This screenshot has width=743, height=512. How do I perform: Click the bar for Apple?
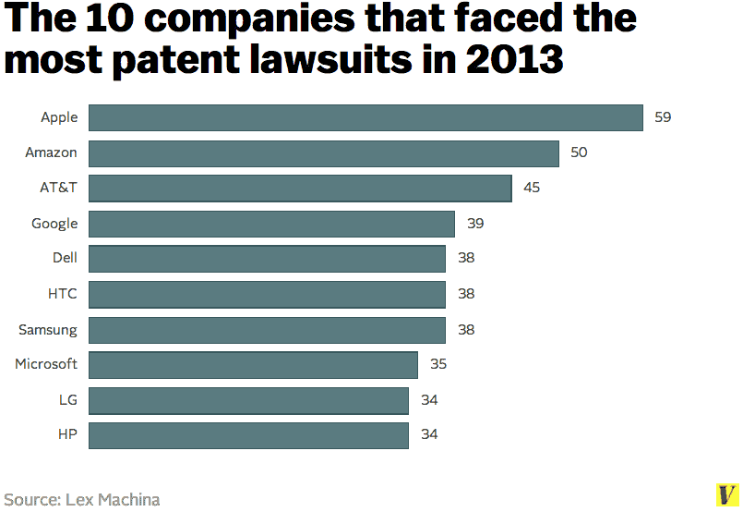click(x=366, y=117)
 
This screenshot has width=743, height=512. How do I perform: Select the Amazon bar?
click(x=323, y=152)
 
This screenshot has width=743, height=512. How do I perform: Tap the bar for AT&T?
click(x=300, y=188)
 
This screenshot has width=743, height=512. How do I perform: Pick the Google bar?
click(x=271, y=224)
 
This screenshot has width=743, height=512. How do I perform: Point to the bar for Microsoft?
click(x=253, y=364)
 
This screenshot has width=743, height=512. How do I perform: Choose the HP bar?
click(x=248, y=434)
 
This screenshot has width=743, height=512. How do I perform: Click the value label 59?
click(x=663, y=117)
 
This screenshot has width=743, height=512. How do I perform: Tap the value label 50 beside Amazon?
click(x=579, y=152)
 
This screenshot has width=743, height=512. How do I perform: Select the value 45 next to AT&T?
click(x=532, y=188)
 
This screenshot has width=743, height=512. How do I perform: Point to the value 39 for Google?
click(x=475, y=224)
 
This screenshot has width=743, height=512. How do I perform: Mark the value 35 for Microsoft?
click(x=438, y=364)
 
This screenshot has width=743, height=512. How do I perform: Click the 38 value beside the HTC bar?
click(x=466, y=294)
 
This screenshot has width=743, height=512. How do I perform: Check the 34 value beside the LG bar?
click(x=429, y=399)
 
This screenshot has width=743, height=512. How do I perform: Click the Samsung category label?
click(x=48, y=329)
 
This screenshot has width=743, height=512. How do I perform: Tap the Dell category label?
click(x=65, y=259)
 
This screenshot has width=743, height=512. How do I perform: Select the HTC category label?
click(x=63, y=294)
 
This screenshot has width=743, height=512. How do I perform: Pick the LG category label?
click(x=67, y=399)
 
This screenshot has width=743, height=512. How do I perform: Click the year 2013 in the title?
click(x=514, y=59)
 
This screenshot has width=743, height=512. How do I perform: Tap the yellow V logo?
click(x=726, y=494)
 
